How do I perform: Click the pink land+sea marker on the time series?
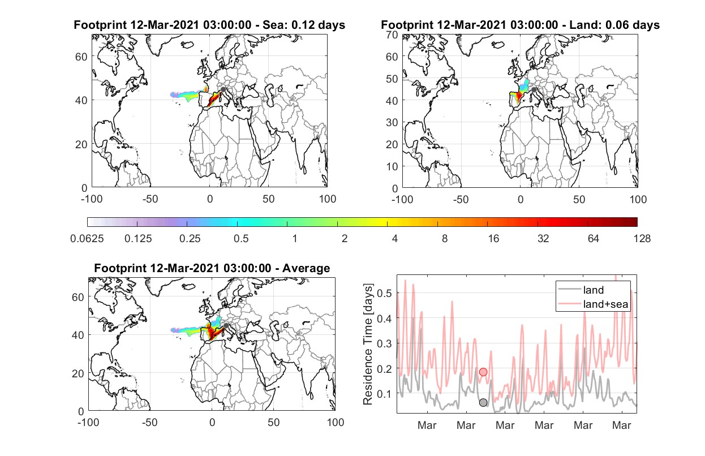click(483, 372)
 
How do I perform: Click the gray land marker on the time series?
click(483, 402)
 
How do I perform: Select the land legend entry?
click(581, 290)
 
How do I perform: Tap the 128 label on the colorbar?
click(642, 239)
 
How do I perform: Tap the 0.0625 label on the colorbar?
click(87, 239)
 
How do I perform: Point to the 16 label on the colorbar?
click(493, 239)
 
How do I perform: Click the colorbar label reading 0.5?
click(241, 239)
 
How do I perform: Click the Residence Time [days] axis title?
click(368, 345)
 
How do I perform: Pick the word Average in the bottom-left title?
click(306, 268)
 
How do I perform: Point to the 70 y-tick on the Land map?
click(392, 35)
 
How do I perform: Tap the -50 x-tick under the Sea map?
click(151, 199)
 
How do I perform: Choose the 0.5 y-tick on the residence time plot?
click(384, 293)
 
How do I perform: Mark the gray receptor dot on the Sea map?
click(223, 89)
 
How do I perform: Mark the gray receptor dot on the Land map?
click(534, 90)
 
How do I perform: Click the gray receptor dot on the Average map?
click(226, 325)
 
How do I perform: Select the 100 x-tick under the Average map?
click(336, 422)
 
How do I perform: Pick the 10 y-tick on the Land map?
click(392, 166)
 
